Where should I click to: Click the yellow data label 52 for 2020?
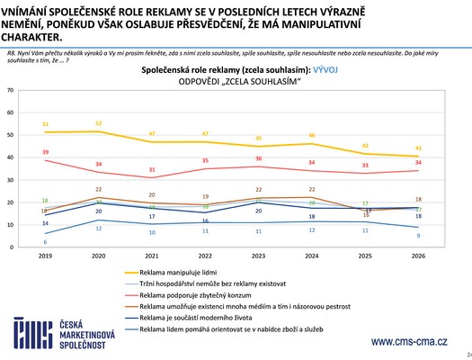pyautogui.click(x=98, y=122)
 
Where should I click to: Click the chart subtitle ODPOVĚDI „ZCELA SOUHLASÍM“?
pyautogui.click(x=238, y=80)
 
